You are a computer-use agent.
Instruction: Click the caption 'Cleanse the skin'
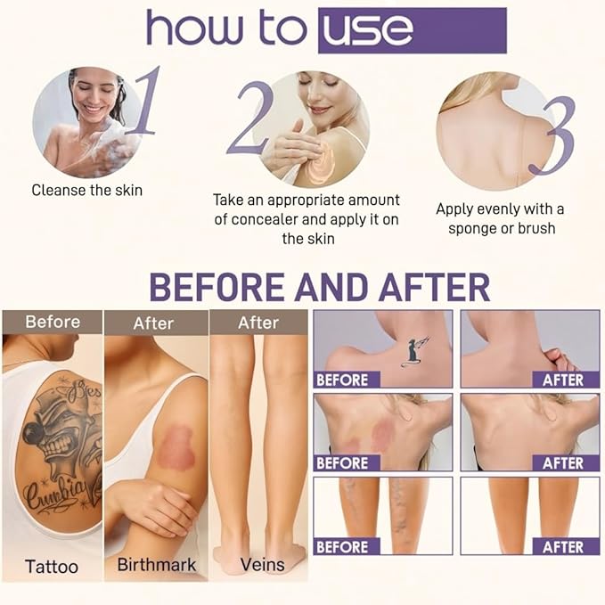point(86,190)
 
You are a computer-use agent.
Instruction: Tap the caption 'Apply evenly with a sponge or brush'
point(500,218)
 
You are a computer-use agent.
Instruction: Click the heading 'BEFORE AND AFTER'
point(319,287)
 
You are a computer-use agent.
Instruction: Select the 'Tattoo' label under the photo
point(51,566)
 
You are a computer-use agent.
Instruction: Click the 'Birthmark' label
point(156,565)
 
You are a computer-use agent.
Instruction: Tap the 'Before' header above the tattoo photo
point(52,322)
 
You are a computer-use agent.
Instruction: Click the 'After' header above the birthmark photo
point(153,323)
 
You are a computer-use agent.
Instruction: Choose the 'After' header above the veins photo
point(258,323)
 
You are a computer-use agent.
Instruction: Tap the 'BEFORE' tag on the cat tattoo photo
point(342,380)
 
